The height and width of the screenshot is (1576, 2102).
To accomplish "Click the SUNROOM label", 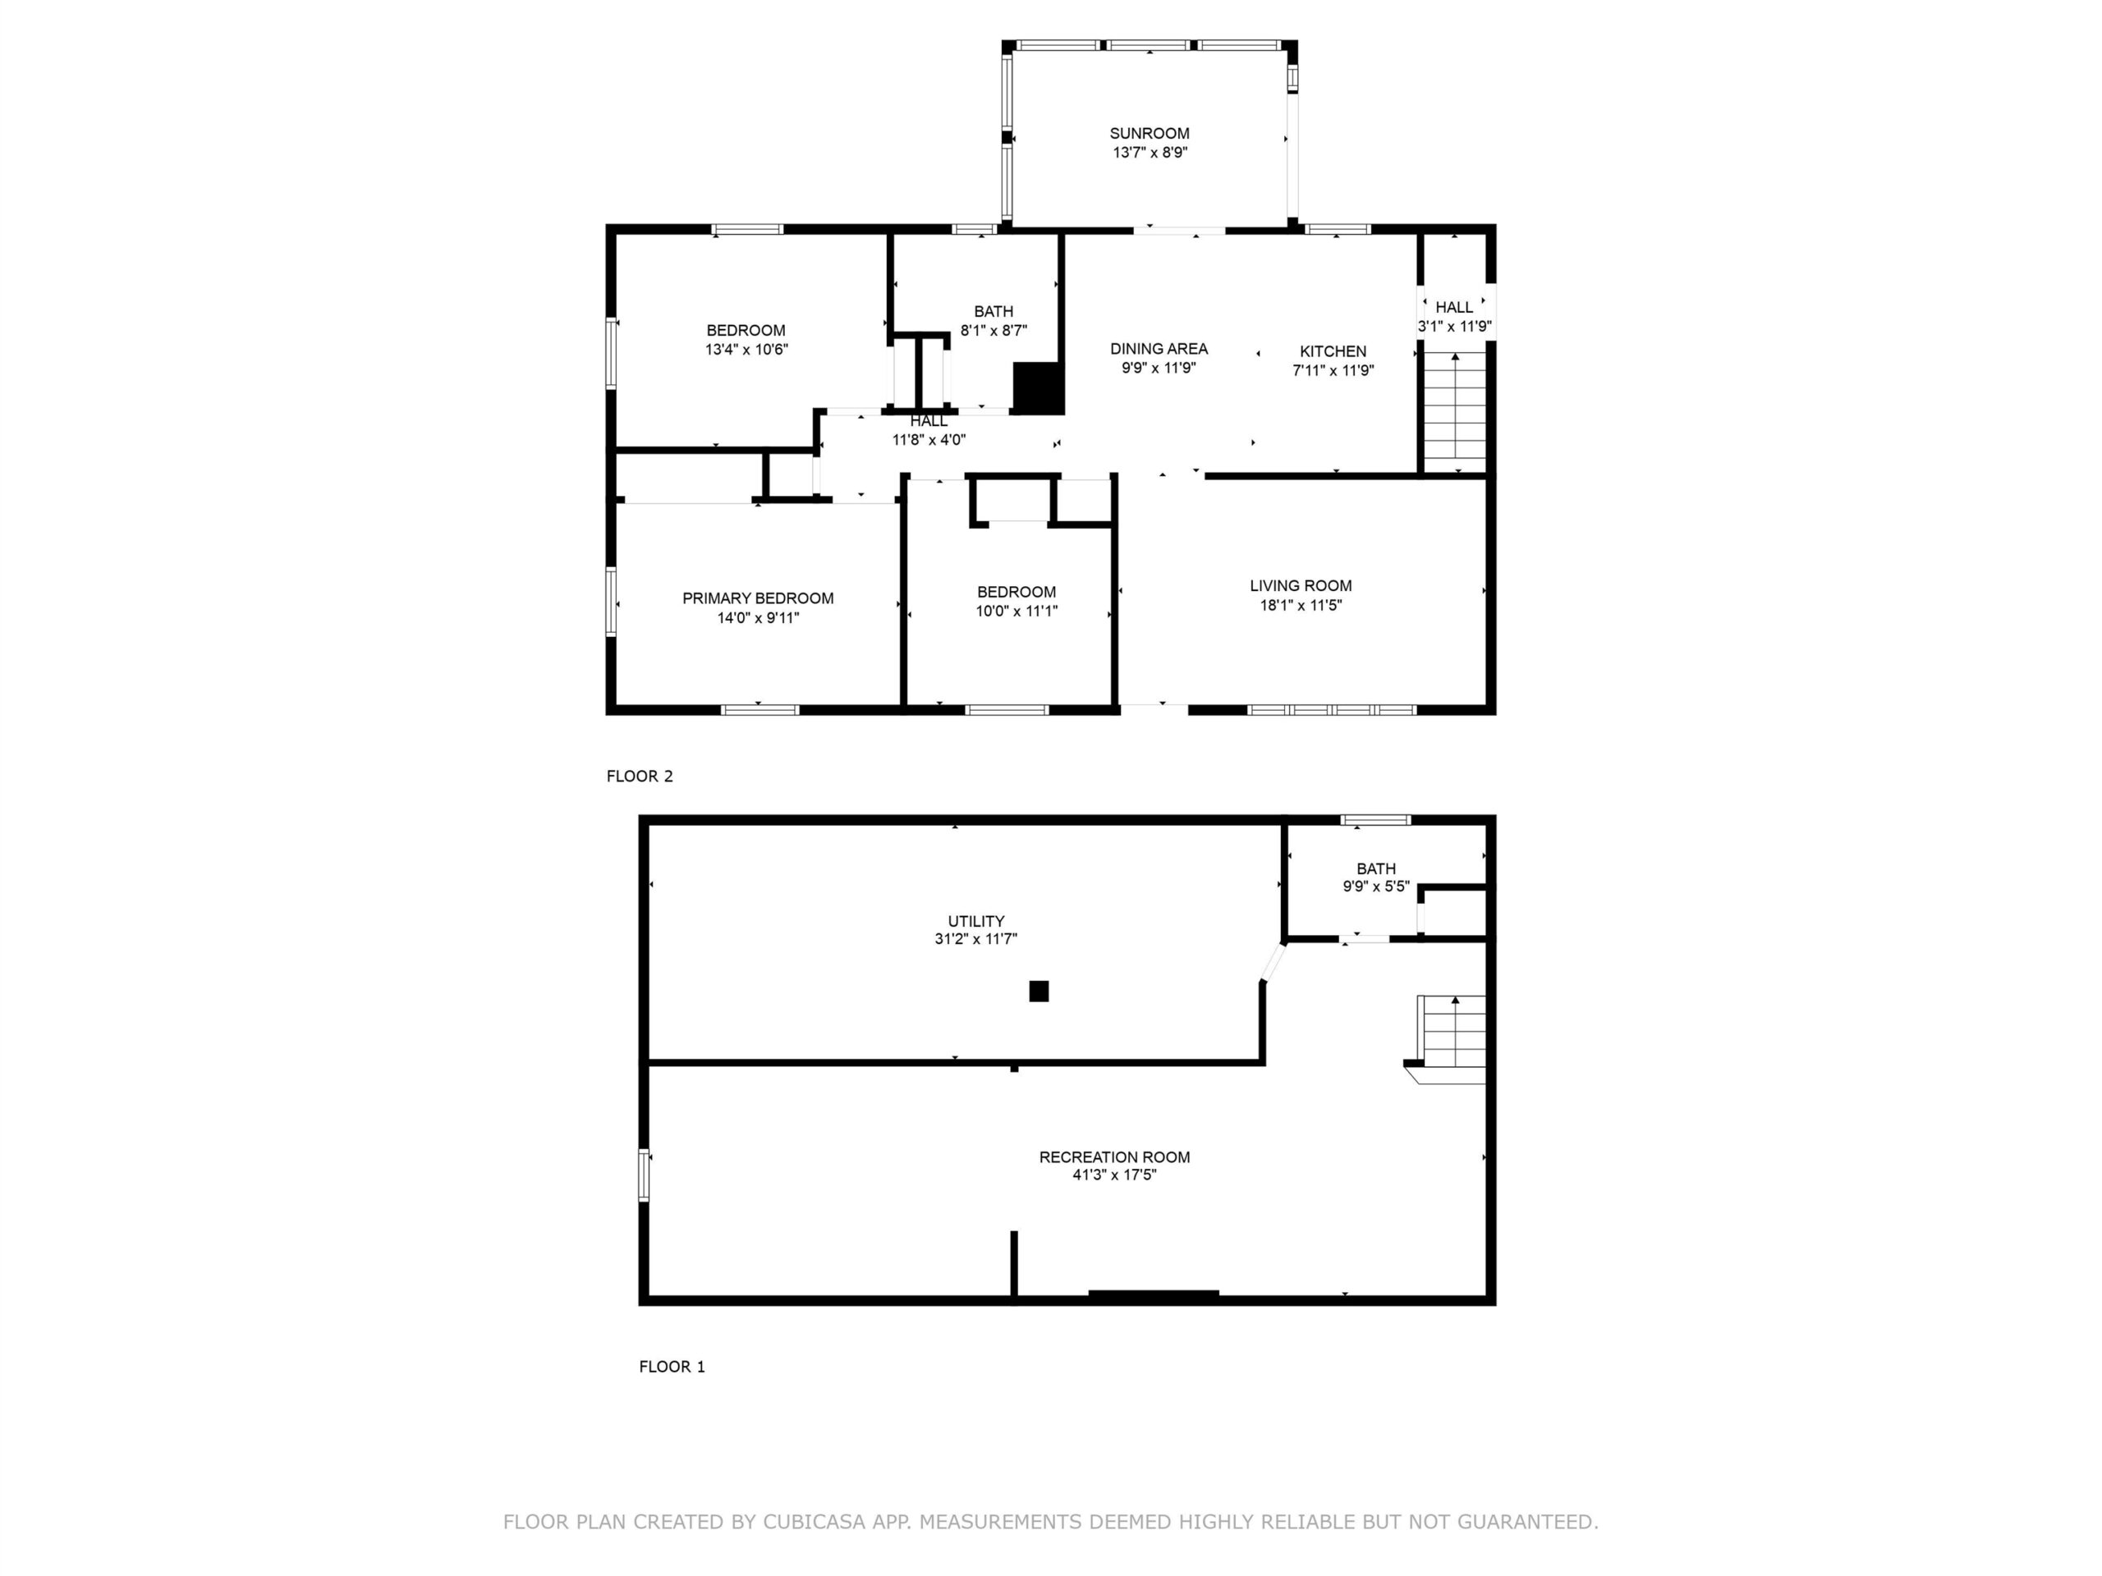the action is coord(1149,134).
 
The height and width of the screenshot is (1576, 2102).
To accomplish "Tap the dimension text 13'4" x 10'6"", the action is coord(746,350).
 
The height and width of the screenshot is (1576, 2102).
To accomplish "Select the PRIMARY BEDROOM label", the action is coord(757,598).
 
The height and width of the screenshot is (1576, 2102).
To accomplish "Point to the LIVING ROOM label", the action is coord(1300,586).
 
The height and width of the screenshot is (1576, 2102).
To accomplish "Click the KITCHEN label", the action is coord(1333,351).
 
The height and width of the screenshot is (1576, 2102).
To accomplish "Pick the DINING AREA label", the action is coord(1159,349).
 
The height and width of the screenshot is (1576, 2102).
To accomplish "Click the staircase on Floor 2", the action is coord(1454,411).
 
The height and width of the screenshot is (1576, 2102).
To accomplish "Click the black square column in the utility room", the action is coord(1039,991).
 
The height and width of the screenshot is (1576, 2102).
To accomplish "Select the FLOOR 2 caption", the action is coord(640,777).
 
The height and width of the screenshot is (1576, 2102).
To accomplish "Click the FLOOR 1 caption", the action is coord(672,1367).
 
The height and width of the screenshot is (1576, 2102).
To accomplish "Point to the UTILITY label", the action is coord(976,922).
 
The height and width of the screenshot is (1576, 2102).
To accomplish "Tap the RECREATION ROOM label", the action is coord(1115,1157).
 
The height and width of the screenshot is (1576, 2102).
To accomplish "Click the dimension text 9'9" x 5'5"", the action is coord(1376,886).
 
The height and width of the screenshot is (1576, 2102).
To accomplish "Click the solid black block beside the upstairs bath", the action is coord(1038,388).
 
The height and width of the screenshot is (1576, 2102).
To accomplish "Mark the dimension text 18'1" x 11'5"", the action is coord(1300,605).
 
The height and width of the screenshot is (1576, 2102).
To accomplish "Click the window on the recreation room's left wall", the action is coord(644,1175).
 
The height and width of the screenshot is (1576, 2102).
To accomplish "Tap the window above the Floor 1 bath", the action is coord(1375,820).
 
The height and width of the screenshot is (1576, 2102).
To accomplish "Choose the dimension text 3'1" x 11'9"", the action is coord(1454,327).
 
